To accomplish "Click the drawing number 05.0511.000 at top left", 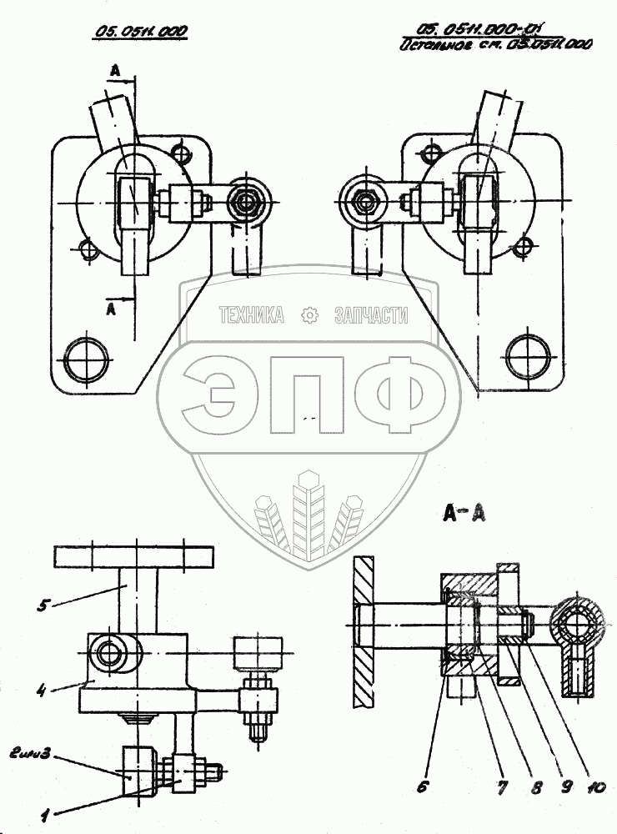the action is coord(140,32).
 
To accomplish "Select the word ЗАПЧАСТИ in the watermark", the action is coord(372,315).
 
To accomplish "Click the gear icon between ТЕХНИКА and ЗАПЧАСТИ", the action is coord(309,315).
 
